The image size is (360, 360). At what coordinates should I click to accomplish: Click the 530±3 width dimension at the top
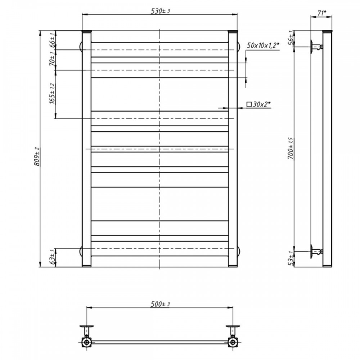point(160,11)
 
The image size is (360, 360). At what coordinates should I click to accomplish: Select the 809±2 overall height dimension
point(37,156)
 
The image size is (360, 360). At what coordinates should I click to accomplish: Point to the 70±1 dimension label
point(52,59)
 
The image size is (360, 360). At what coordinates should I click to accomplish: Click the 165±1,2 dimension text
point(52,94)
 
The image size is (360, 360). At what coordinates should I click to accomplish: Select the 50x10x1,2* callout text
point(263,45)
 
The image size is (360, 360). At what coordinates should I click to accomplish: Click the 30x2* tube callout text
point(262,104)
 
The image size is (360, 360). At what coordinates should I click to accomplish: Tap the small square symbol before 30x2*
point(249,104)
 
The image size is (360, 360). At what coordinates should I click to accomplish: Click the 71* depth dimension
point(321,13)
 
